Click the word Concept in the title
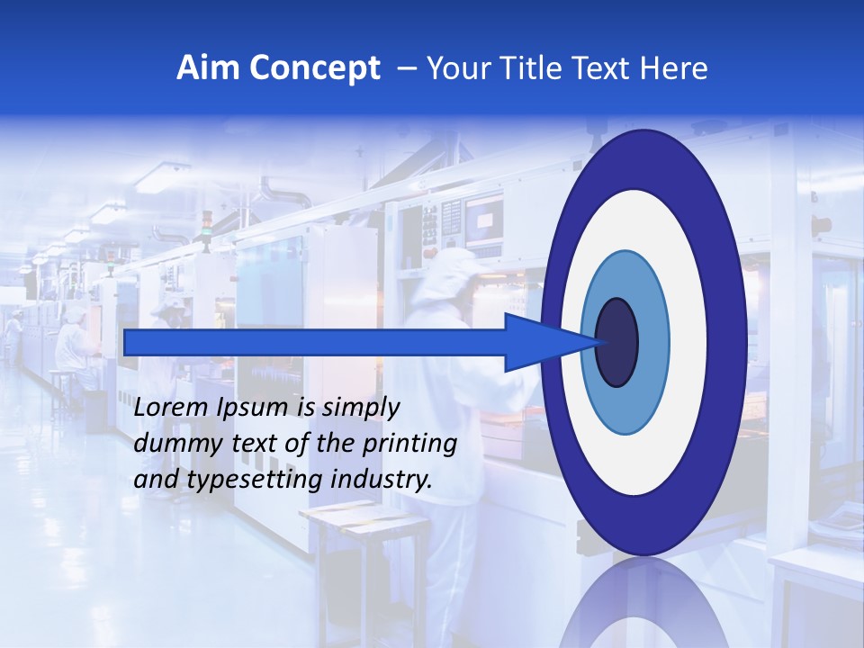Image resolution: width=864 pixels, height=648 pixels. (x=314, y=69)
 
